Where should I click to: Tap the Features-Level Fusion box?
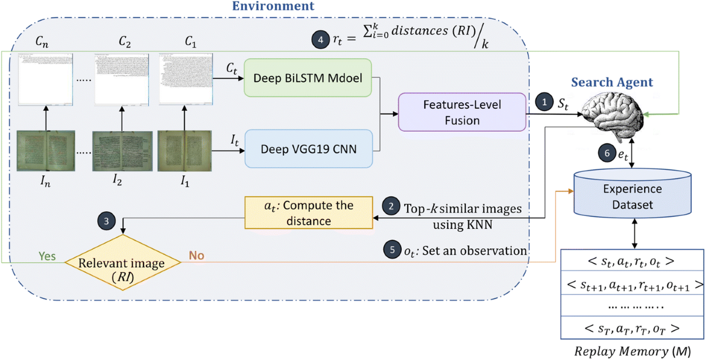point(461,112)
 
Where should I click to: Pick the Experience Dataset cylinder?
point(632,197)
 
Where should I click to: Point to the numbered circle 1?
point(544,101)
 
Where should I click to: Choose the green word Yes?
point(47,257)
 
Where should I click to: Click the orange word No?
point(196,257)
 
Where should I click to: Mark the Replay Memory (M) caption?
point(632,352)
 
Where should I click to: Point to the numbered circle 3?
point(106,221)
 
